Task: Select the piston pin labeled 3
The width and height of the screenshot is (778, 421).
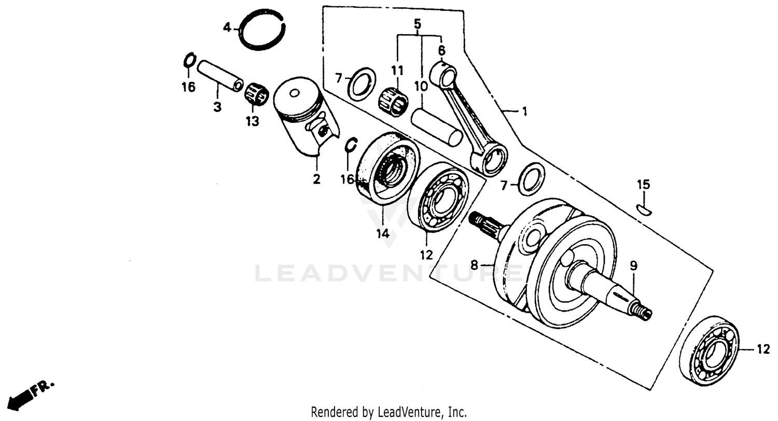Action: tap(219, 76)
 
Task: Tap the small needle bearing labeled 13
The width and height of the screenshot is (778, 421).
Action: tap(256, 94)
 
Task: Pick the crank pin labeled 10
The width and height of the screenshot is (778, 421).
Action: tap(436, 127)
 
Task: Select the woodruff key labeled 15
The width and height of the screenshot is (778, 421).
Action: tap(644, 209)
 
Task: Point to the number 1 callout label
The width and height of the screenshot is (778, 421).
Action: tap(524, 111)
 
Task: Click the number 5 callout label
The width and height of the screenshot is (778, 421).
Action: tap(418, 24)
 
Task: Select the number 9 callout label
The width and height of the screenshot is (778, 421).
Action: tap(633, 266)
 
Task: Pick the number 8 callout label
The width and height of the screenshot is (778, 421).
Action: tap(474, 265)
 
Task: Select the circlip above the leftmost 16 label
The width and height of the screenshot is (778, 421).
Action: tap(189, 60)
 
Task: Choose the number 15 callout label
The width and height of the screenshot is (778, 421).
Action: tap(643, 185)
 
